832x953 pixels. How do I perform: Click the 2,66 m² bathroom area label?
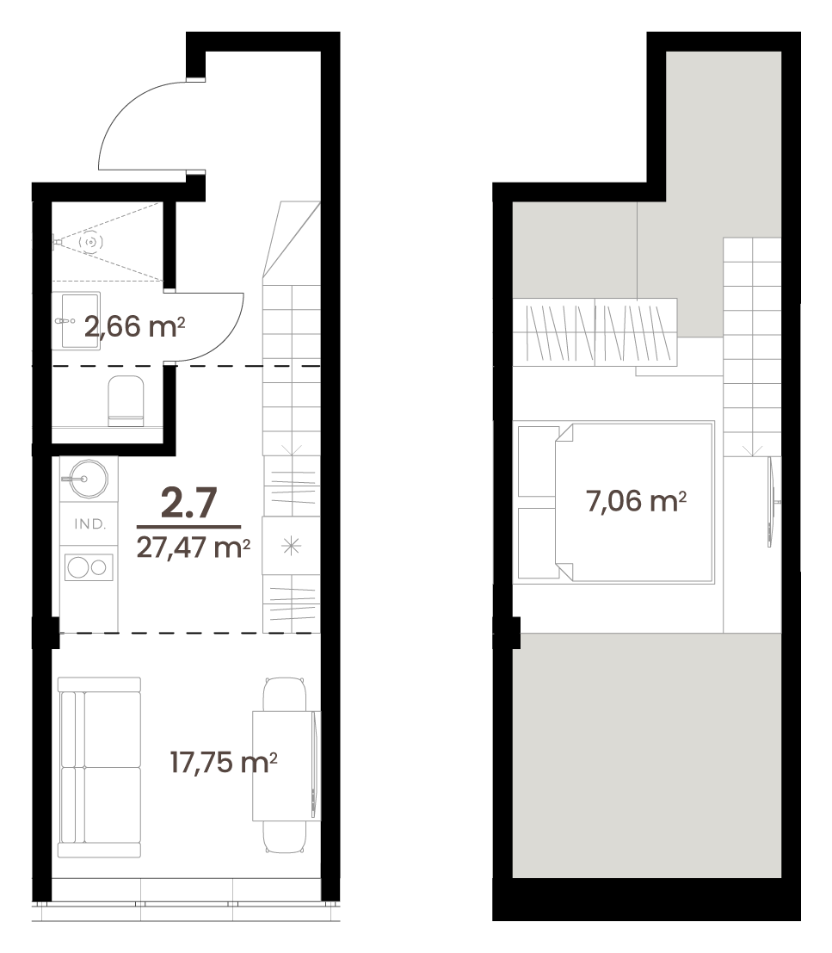[x=134, y=327]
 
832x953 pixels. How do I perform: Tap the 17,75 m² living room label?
[x=224, y=762]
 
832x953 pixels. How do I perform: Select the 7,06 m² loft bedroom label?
[x=637, y=501]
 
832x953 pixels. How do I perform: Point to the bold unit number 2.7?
[x=189, y=503]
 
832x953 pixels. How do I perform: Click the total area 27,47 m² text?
[x=193, y=547]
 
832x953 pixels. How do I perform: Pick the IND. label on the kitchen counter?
[x=89, y=524]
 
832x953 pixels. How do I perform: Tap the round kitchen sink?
[x=87, y=479]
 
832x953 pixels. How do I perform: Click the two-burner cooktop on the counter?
[x=89, y=567]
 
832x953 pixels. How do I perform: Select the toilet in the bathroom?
[x=126, y=400]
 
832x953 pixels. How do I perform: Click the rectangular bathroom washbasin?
[x=80, y=321]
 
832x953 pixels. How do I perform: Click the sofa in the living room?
[x=100, y=767]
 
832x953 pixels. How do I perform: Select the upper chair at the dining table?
[x=284, y=694]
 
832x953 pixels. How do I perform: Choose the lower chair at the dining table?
[x=284, y=836]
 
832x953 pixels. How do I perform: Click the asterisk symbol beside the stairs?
[x=292, y=546]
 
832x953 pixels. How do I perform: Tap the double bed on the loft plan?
[x=613, y=502]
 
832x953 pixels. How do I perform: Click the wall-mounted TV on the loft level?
[x=771, y=502]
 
